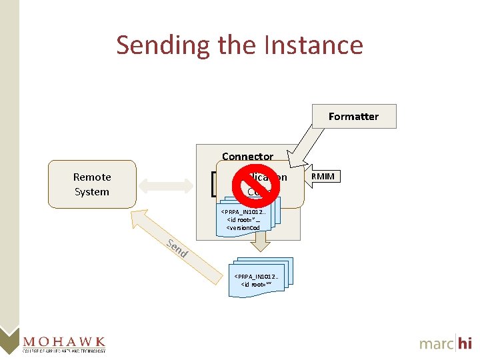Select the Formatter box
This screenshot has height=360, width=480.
(x=353, y=116)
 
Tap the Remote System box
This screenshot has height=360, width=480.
(x=92, y=184)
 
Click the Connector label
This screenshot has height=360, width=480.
(x=247, y=156)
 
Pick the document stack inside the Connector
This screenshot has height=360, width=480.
(x=245, y=217)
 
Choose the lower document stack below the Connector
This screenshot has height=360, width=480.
(x=258, y=273)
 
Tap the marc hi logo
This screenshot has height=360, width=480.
(x=445, y=343)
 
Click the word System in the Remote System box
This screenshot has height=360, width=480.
(x=92, y=191)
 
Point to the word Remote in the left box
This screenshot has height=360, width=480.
(x=92, y=177)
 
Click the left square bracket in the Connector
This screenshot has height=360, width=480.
(x=213, y=184)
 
